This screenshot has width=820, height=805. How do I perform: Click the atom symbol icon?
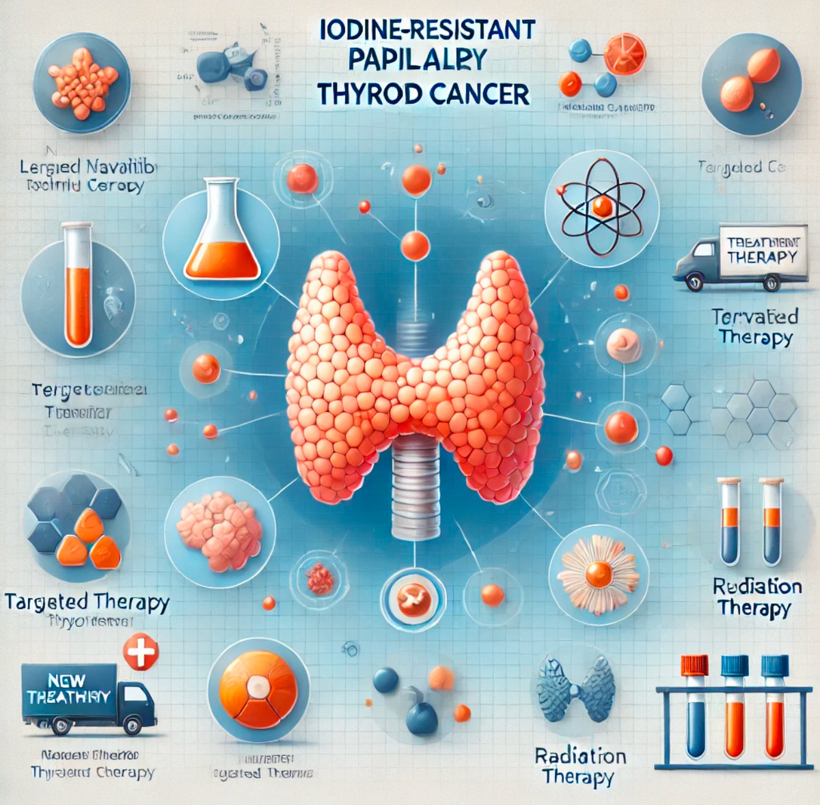601,206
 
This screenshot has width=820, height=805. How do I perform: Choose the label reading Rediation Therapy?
756,597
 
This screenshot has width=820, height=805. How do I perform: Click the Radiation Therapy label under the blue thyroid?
580,767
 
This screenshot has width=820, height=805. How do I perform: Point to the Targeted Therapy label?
87,602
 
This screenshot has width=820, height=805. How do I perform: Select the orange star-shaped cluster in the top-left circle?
82,81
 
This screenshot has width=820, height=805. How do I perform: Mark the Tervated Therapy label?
754,327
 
